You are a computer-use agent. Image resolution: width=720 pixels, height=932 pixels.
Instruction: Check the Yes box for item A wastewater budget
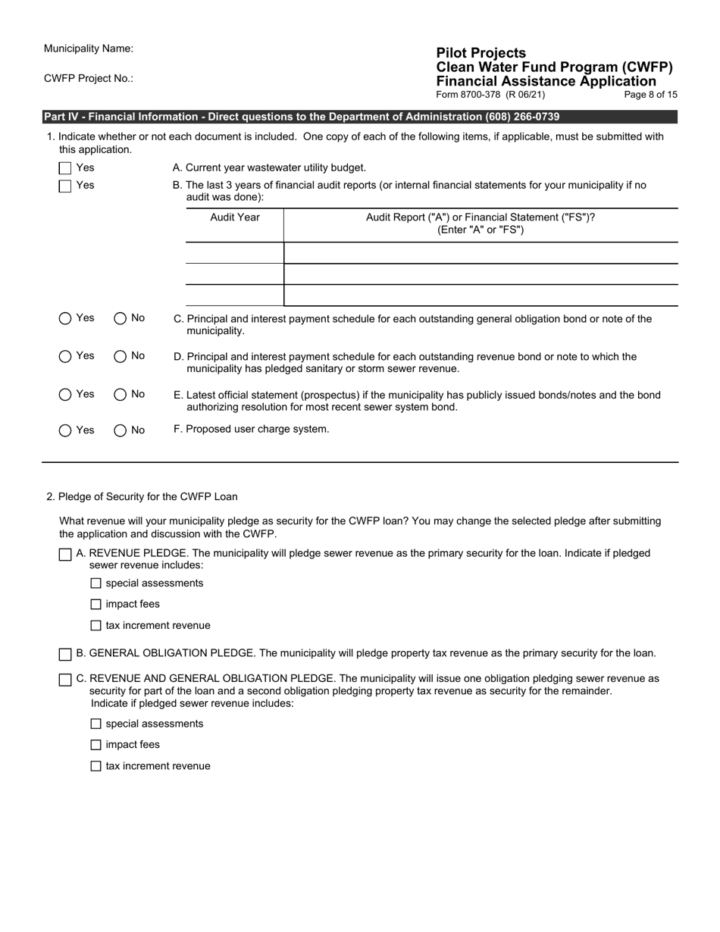pos(65,168)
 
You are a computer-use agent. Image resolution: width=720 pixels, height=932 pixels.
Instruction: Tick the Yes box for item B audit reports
pos(65,186)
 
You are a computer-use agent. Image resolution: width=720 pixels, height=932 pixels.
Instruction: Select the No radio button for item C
pos(121,318)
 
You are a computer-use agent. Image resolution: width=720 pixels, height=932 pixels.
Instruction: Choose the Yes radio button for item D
pos(65,356)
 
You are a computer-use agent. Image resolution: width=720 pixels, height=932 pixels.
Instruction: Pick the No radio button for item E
pos(121,395)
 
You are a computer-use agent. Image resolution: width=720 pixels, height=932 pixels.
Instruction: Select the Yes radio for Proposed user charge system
pos(65,430)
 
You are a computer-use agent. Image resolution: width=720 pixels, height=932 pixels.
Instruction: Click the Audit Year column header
pos(234,217)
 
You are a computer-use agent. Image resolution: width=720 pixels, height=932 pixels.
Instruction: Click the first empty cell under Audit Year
pos(234,253)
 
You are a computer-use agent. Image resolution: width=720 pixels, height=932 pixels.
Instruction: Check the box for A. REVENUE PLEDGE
pos(65,555)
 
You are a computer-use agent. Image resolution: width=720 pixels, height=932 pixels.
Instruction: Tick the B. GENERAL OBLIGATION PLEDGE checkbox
pos(65,654)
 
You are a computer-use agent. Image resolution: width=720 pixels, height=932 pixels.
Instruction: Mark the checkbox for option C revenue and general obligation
pos(65,680)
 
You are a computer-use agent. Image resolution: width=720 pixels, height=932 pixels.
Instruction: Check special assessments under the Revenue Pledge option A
pos(95,583)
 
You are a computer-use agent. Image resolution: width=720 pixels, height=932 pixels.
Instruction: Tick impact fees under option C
pos(95,745)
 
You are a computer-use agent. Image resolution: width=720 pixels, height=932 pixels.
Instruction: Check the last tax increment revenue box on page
pos(95,766)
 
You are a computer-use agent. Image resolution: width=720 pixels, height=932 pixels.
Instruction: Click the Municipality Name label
pos(89,48)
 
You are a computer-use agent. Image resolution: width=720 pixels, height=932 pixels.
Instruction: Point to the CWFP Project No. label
pos(89,78)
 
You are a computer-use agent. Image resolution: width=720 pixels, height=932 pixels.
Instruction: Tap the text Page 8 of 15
pos(650,95)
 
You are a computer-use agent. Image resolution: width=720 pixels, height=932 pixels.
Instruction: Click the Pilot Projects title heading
pos(481,53)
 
